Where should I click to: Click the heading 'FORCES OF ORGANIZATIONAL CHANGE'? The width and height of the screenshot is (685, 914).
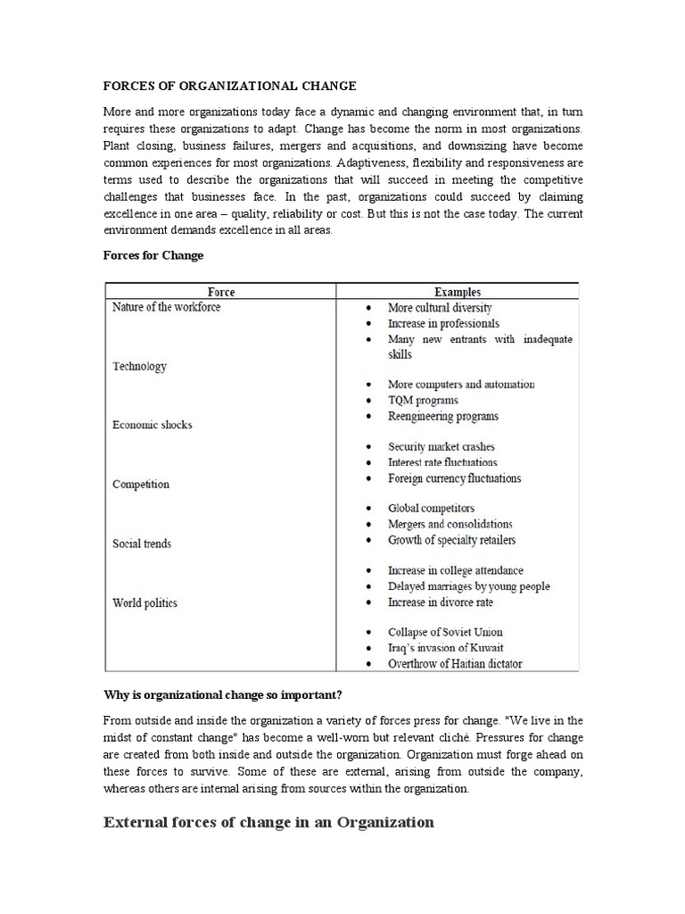coord(230,87)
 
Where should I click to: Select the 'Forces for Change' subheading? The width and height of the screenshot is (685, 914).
coord(153,255)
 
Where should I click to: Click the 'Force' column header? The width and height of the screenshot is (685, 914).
coord(221,292)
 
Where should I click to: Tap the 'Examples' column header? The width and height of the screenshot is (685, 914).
coord(457,292)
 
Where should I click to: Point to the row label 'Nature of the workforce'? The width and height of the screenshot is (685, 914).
coord(166,307)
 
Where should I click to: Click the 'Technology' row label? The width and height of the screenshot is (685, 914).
coord(139,366)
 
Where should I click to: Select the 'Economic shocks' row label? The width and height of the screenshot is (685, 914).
coord(152,425)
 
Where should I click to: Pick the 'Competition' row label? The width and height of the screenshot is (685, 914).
coord(141,484)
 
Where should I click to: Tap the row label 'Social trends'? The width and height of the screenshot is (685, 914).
coord(142,544)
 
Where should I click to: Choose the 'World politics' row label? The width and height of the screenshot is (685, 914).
coord(144,602)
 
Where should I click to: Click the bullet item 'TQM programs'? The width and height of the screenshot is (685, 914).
coord(423,401)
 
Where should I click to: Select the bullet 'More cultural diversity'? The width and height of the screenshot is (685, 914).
coord(440,307)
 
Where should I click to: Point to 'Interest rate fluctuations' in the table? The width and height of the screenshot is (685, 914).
coord(442,462)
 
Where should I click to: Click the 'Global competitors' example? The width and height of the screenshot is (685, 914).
coord(431,508)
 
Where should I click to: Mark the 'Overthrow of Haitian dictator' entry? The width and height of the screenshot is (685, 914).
coord(455,663)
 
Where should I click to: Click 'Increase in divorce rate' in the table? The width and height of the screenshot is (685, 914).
coord(440,602)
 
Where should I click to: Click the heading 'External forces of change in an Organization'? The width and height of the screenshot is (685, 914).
coord(268,822)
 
